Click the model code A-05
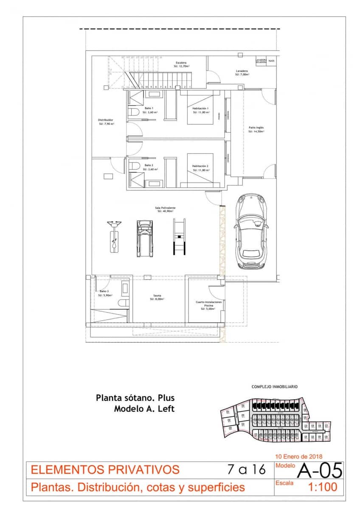pyautogui.click(x=319, y=470)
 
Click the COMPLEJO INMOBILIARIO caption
pyautogui.click(x=275, y=387)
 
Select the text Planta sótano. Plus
pyautogui.click(x=135, y=398)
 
